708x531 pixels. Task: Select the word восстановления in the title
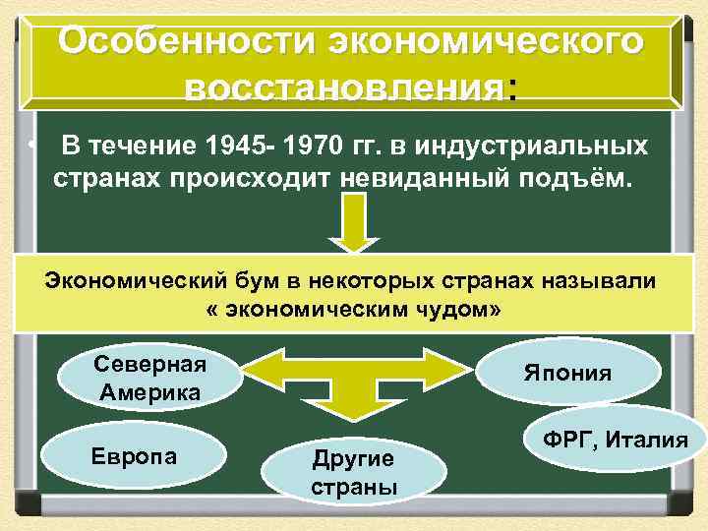pos(341,89)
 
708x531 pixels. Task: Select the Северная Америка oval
pos(150,377)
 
